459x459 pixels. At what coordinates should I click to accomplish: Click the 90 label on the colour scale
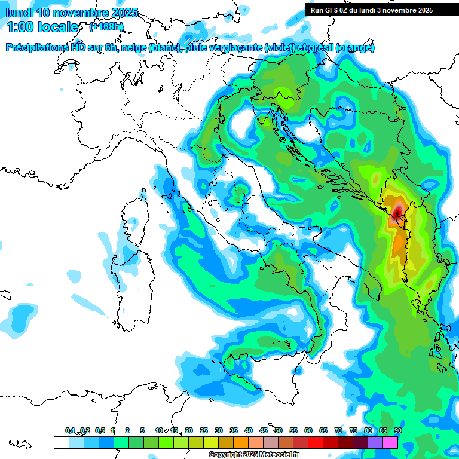tap(397, 430)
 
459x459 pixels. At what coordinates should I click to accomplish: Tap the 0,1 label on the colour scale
tap(70, 430)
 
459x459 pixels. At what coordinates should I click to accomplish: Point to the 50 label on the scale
tap(279, 430)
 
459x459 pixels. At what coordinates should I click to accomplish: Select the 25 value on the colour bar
tap(204, 430)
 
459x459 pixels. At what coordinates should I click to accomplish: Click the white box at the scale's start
tap(61, 442)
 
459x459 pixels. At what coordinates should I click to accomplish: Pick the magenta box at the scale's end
tap(390, 442)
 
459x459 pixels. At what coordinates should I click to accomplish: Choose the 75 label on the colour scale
tap(353, 430)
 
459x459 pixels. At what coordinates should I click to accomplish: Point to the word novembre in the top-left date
tap(79, 13)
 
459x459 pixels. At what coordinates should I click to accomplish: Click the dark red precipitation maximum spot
tap(398, 212)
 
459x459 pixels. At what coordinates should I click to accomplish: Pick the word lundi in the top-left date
tap(19, 13)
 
